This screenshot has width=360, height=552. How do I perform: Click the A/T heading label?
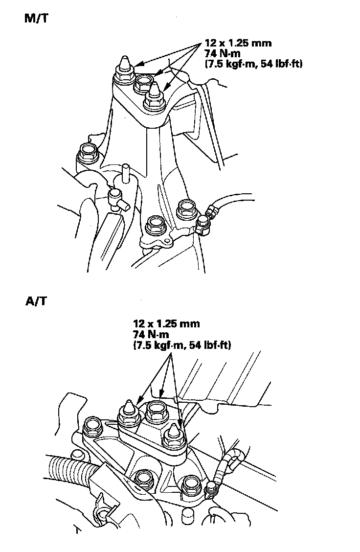pos(36,300)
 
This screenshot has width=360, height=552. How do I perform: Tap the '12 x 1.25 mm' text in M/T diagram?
pos(238,44)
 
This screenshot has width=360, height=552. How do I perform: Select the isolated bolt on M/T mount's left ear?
pos(88,152)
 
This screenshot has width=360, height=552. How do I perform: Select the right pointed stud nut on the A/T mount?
pos(173,437)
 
